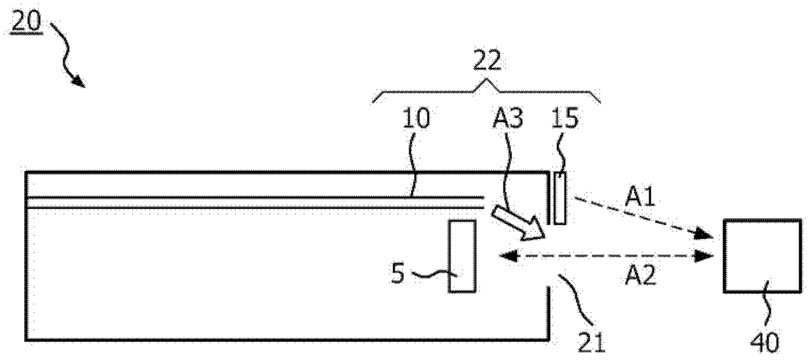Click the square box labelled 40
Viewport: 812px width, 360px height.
point(762,256)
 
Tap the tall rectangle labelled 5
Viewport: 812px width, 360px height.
point(462,257)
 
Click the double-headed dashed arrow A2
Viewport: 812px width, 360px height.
point(606,257)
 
